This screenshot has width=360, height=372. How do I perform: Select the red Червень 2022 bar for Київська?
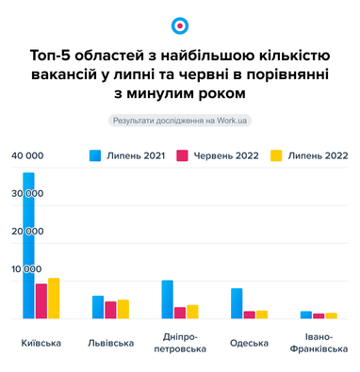(41, 301)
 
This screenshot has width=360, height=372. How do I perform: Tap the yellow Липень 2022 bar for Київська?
(54, 299)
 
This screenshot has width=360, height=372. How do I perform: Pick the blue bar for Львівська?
(98, 308)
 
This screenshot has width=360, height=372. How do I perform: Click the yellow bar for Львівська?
(123, 310)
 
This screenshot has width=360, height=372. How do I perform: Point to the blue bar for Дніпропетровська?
(167, 300)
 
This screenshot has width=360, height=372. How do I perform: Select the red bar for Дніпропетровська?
(180, 314)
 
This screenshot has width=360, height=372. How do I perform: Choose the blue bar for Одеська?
(237, 304)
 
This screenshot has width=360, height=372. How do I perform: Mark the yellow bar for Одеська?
(262, 315)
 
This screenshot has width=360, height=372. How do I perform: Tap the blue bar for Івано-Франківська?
(306, 315)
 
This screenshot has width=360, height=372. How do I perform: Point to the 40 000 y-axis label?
(27, 154)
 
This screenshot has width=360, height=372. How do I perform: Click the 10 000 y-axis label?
(27, 269)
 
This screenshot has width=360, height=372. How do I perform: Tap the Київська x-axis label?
(41, 343)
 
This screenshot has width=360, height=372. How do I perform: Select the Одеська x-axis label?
(249, 343)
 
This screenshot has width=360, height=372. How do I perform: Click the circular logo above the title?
(180, 25)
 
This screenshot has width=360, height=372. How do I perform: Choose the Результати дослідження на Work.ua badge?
(180, 120)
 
